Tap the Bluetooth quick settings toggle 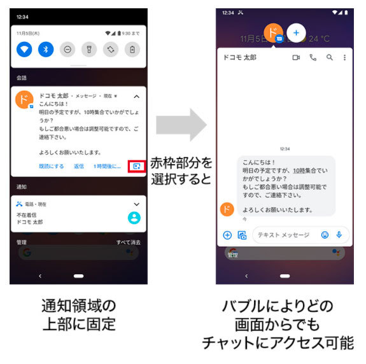(x=46, y=49)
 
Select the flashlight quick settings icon (x=90, y=49)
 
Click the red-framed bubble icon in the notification (x=136, y=166)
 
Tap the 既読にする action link (x=51, y=166)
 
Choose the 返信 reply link (x=79, y=166)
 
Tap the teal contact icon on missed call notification (x=134, y=217)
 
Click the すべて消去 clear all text (x=129, y=242)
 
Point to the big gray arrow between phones (x=181, y=125)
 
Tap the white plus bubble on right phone (x=296, y=32)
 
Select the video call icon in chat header (x=296, y=57)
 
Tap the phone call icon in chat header (x=313, y=57)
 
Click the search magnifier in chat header (x=329, y=57)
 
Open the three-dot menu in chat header (x=345, y=57)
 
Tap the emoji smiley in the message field (x=325, y=235)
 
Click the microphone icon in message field (x=339, y=235)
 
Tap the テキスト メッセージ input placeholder (x=283, y=235)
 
